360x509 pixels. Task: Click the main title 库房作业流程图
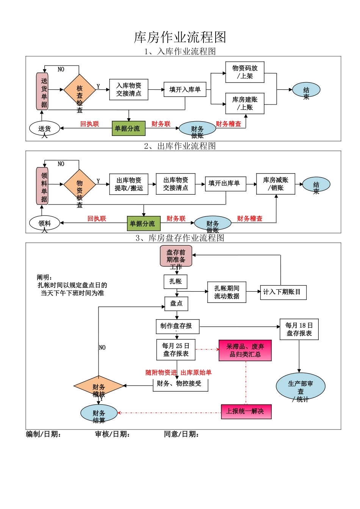pos(180,37)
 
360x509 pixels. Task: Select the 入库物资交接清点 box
pos(129,90)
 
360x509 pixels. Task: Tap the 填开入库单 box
pos(185,90)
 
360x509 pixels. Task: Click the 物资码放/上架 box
pos(245,72)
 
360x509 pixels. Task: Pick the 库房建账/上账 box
pos(245,103)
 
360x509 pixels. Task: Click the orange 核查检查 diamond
pos(80,90)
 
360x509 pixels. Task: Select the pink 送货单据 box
pos(42,91)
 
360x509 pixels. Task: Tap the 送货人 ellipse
pos(45,128)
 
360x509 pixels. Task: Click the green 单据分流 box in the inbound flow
pos(128,128)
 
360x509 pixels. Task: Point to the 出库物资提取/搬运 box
pos(129,184)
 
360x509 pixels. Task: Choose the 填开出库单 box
pos(225,184)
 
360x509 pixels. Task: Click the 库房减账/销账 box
pos(275,184)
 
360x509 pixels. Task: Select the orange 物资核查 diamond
pos(80,185)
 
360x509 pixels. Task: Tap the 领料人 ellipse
pos(45,223)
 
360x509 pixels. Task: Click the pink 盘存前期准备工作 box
pos(176,256)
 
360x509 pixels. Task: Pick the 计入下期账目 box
pos(283,292)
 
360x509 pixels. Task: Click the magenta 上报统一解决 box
pos(246,412)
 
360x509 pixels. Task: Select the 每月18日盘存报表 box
pos(299,329)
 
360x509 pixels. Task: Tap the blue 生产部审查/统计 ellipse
pos(301,387)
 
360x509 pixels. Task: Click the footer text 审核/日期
pos(113,434)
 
